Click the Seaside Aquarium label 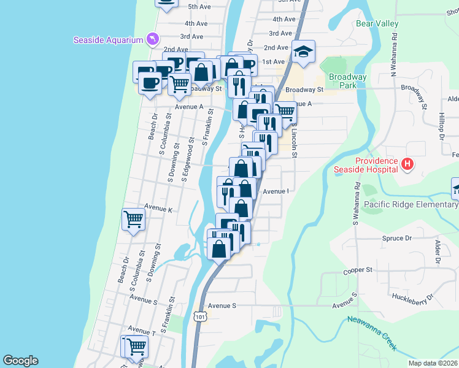click(108, 40)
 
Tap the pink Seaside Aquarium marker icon click(152, 40)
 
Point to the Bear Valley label click(377, 24)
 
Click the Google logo click(20, 361)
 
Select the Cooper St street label click(358, 270)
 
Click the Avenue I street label click(276, 191)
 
